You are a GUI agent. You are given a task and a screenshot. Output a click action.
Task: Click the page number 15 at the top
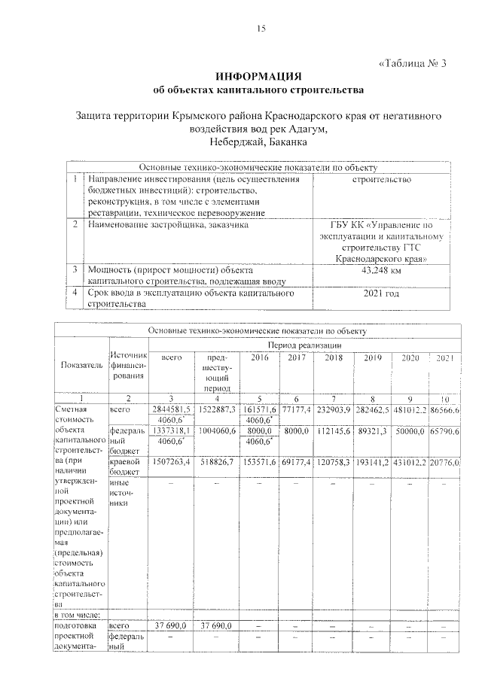(x=261, y=29)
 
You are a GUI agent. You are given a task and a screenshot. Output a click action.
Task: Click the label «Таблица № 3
(x=411, y=62)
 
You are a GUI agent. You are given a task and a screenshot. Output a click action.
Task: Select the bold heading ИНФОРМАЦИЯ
(x=258, y=77)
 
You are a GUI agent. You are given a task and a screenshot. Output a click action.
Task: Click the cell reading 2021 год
(x=380, y=293)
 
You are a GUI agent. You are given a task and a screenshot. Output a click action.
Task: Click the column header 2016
(x=260, y=357)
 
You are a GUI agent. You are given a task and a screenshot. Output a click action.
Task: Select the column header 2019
(x=374, y=357)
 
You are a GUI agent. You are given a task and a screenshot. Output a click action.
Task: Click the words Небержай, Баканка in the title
(x=256, y=141)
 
